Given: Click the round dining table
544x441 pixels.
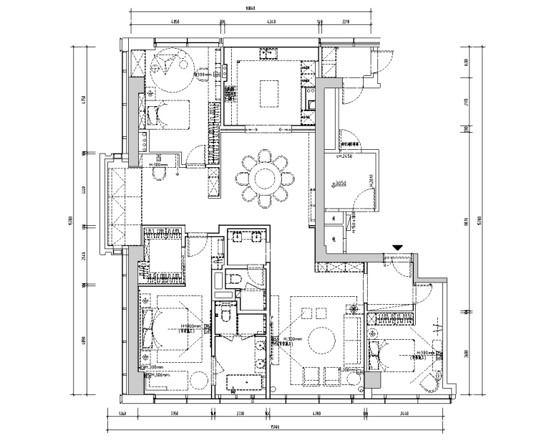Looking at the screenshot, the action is [266, 177].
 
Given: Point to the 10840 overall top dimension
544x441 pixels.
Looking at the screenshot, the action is [251, 9].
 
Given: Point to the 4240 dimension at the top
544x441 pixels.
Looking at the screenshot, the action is [271, 22].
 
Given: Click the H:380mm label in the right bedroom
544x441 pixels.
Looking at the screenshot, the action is [426, 352].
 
